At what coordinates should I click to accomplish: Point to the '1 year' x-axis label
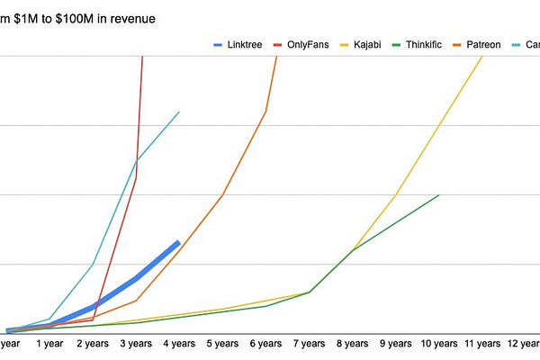coord(49,343)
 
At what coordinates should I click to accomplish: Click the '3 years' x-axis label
coord(135,343)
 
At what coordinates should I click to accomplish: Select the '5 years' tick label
coord(221,343)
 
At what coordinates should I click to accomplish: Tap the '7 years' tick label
coord(309,343)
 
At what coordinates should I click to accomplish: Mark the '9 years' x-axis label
coord(395,343)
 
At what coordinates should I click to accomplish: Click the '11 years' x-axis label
coord(481,343)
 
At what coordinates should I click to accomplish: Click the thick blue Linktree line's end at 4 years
coord(179,242)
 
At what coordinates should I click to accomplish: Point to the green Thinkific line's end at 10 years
coord(439,194)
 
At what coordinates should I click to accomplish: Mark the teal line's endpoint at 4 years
coord(179,112)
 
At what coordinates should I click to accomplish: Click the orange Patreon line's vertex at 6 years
coord(265,112)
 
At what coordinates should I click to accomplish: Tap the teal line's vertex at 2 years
coord(93,264)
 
